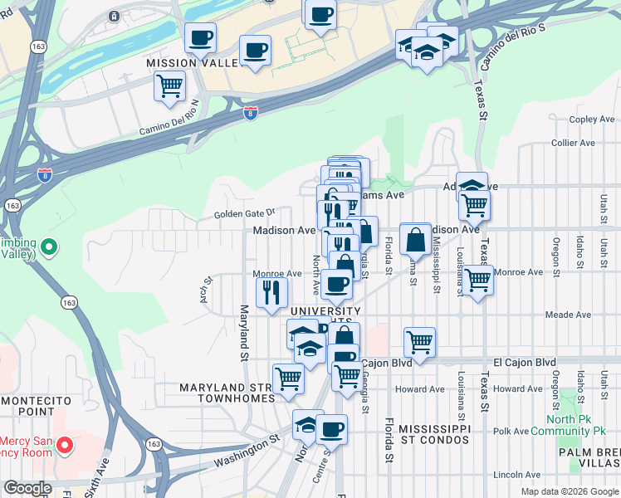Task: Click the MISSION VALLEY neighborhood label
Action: tap(186, 63)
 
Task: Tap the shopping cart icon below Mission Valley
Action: tap(169, 85)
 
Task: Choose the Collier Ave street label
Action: tap(574, 143)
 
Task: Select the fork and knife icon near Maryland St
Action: tap(271, 292)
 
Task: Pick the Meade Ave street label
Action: tap(568, 315)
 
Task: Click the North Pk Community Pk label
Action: tap(571, 425)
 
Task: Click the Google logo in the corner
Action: tap(27, 488)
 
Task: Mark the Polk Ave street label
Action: tap(511, 432)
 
